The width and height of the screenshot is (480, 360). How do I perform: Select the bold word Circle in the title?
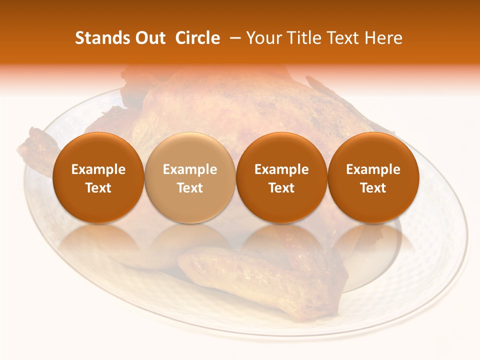197,38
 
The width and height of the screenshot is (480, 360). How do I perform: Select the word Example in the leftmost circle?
98,169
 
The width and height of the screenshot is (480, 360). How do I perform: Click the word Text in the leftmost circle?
98,188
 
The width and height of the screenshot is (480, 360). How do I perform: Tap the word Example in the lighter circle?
190,169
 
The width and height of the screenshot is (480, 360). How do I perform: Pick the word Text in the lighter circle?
190,188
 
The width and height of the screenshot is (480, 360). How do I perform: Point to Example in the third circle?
281,169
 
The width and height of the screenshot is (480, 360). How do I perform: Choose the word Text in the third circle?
281,188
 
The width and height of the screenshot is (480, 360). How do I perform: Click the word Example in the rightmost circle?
373,169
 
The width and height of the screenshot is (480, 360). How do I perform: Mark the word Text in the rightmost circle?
373,188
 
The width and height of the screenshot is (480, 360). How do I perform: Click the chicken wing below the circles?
260,280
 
